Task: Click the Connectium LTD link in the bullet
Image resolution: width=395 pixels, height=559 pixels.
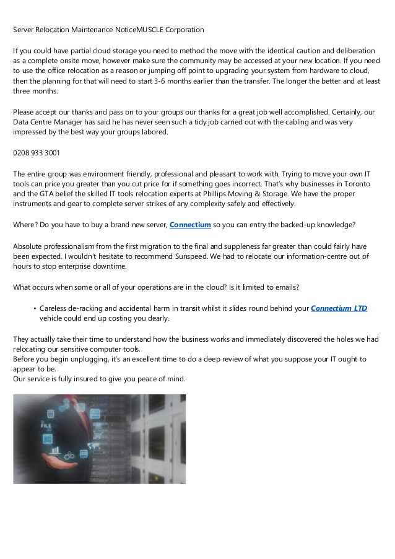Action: [339, 308]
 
